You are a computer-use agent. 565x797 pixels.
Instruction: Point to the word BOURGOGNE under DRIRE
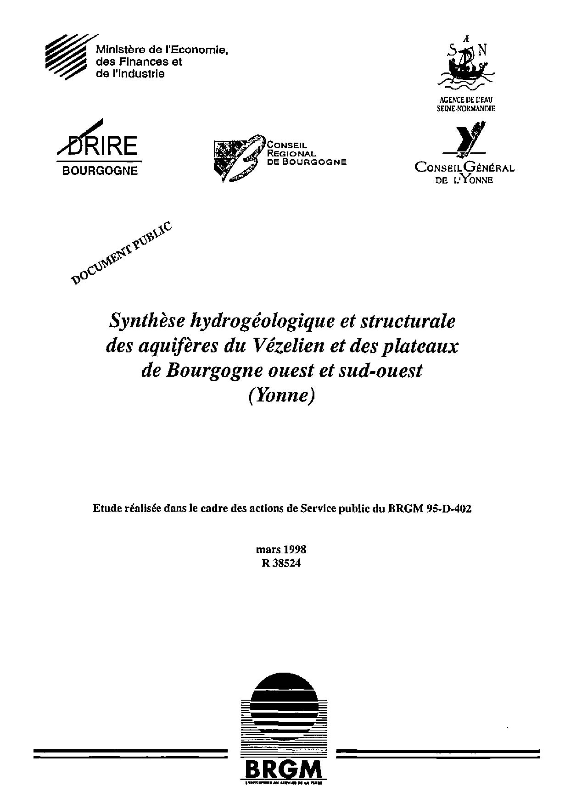click(x=100, y=171)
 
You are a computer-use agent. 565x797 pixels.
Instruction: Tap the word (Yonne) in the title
click(x=282, y=395)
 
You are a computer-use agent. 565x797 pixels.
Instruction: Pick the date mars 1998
click(x=281, y=549)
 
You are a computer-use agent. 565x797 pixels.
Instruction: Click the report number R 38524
click(x=281, y=564)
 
